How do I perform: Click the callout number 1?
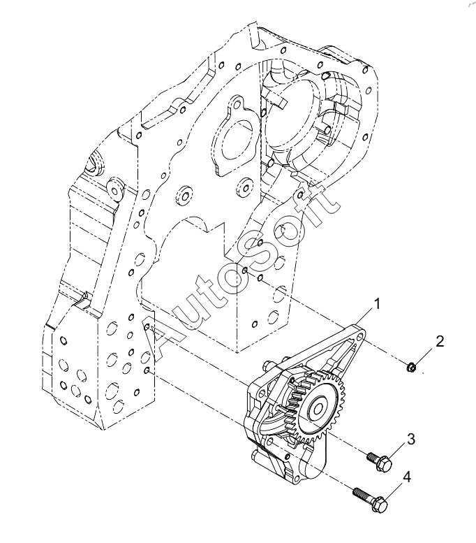(x=377, y=305)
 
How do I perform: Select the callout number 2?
(x=439, y=342)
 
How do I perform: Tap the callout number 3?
(x=410, y=440)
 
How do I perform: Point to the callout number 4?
(x=407, y=477)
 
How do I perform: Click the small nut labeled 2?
(x=411, y=367)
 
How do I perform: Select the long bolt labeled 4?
(x=370, y=496)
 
